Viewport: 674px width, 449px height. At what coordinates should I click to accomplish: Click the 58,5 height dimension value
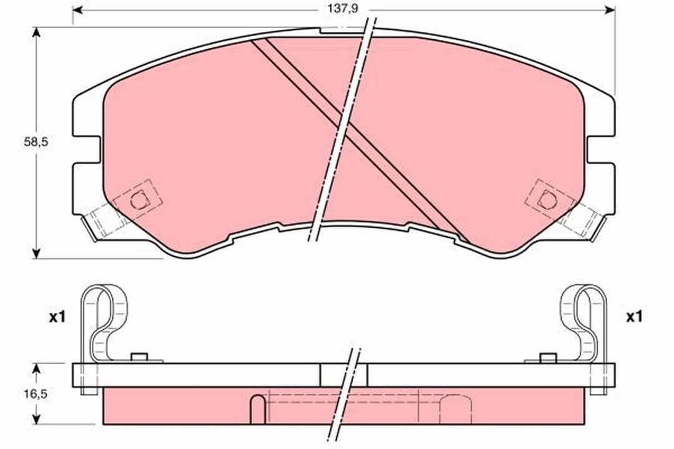click(x=36, y=142)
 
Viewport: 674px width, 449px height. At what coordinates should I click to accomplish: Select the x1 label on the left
click(x=57, y=317)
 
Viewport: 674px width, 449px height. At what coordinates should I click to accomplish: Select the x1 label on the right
click(x=634, y=317)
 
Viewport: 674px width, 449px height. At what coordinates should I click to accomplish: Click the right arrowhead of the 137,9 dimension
click(x=610, y=10)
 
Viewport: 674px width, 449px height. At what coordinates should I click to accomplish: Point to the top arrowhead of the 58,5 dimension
click(x=37, y=33)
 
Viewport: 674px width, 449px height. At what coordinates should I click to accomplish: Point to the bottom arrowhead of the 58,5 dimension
click(x=37, y=253)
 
